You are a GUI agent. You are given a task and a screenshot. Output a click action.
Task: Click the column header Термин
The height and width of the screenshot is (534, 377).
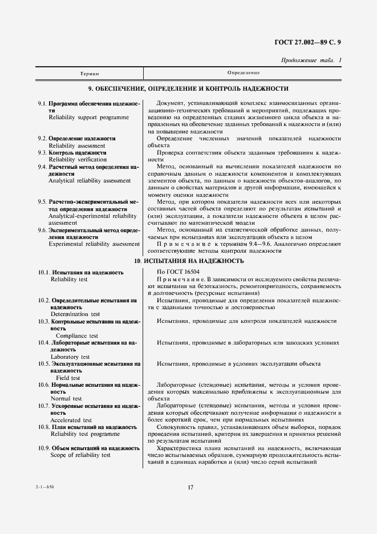[90, 74]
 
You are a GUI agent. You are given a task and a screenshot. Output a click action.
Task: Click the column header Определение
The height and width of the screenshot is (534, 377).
[244, 73]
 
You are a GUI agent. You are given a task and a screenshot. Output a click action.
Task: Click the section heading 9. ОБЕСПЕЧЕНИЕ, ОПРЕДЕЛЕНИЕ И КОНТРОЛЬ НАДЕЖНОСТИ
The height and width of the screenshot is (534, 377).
[188, 89]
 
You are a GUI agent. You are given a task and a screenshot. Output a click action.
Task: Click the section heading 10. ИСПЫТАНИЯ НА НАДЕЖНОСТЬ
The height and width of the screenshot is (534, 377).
[188, 261]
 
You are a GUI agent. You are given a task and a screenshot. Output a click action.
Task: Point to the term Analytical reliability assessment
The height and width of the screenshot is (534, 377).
[90, 181]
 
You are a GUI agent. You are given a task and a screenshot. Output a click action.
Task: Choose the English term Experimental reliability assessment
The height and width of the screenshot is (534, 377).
[94, 244]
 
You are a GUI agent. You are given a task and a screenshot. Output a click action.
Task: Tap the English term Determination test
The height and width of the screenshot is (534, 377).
[75, 314]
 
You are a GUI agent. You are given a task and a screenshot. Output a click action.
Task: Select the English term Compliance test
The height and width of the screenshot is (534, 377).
[77, 335]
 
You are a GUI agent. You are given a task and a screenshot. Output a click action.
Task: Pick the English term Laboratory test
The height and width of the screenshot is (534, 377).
[68, 357]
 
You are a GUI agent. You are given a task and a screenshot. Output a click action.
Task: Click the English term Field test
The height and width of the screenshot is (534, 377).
[68, 378]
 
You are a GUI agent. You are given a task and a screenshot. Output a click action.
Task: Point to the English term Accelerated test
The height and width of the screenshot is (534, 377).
[71, 419]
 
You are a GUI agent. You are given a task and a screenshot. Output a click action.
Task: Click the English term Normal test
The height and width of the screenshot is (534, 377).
[66, 398]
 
